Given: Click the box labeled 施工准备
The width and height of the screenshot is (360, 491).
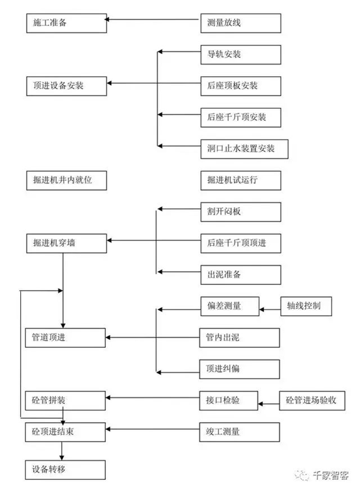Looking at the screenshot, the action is click(67, 23).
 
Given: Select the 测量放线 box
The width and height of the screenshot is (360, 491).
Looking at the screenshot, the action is click(241, 23).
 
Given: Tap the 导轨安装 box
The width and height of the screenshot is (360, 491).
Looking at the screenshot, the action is click(241, 55).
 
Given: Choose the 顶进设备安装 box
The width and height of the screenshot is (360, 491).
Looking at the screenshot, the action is click(67, 86).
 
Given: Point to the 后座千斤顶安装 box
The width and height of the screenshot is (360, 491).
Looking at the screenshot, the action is click(241, 118).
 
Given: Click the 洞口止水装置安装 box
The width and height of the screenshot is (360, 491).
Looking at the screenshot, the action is click(244, 149).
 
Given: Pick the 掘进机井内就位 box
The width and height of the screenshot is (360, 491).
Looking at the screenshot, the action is click(67, 180).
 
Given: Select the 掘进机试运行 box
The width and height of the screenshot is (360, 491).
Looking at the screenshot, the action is click(241, 180).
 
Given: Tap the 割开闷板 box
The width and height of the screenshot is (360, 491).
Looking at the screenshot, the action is click(241, 212).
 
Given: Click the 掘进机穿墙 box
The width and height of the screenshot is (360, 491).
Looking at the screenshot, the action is click(67, 243).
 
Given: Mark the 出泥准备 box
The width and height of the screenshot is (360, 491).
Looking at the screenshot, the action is click(241, 275).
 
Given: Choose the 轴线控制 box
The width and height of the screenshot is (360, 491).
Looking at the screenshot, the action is click(306, 306).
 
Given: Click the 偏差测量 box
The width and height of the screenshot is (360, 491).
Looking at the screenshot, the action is click(230, 306).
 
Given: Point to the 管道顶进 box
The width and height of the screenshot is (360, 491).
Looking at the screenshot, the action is click(66, 338).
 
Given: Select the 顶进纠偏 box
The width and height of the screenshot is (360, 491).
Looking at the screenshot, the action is click(240, 369).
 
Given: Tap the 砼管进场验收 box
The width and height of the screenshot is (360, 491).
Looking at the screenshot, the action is click(312, 401).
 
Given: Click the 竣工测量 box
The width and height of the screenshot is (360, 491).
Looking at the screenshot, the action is click(240, 432).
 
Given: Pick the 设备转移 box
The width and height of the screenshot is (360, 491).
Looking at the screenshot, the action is click(66, 470).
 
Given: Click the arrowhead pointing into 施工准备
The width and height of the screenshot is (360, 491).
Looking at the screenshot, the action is click(107, 20).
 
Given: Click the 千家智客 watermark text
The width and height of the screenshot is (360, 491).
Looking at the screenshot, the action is click(331, 475).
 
